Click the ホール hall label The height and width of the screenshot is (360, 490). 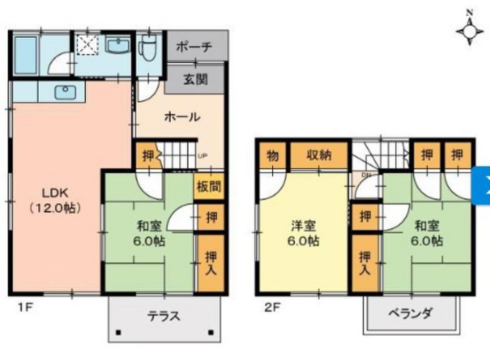click(182, 116)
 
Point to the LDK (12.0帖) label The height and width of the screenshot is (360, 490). click(55, 200)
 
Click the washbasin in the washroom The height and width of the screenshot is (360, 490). click(117, 46)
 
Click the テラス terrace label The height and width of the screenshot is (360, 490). click(164, 316)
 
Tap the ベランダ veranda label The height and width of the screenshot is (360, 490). click(411, 314)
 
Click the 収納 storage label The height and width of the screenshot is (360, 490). click(319, 155)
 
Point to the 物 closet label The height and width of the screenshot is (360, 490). click(273, 155)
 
